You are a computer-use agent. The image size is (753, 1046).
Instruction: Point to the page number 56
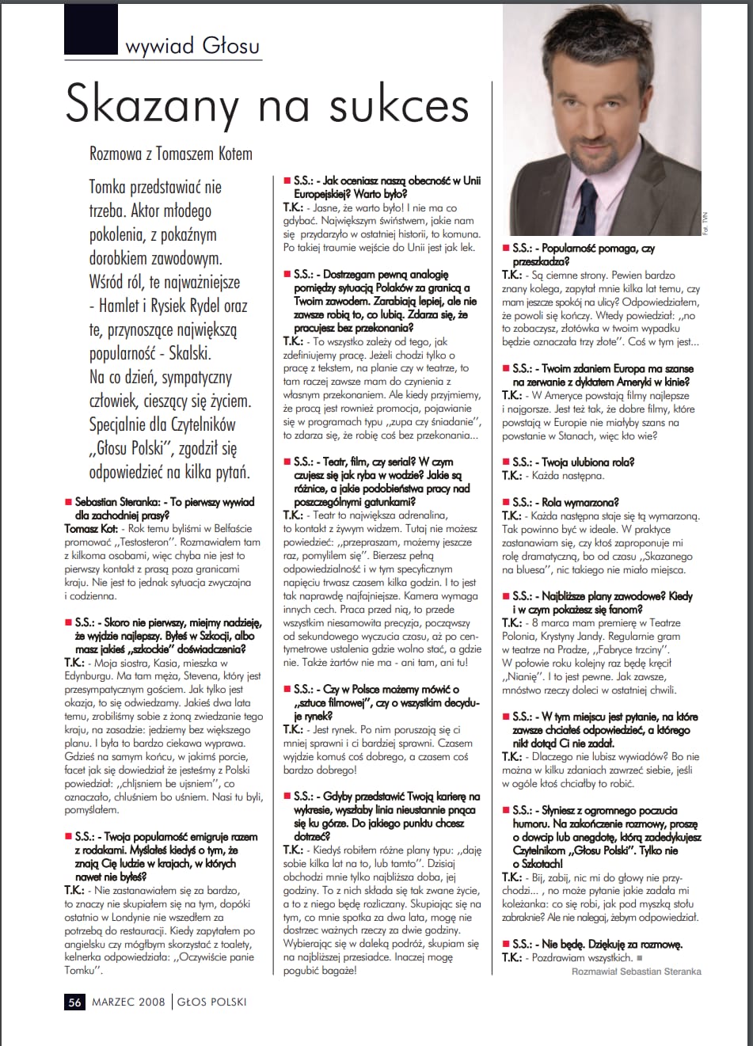[74, 1002]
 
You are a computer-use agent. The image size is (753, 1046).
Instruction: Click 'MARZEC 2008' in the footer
[128, 1002]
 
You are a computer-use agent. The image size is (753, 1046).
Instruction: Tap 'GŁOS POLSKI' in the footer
[211, 1002]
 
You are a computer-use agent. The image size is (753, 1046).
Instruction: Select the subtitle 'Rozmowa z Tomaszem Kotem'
[170, 154]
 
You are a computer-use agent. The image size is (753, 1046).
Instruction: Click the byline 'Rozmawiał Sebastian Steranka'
[636, 971]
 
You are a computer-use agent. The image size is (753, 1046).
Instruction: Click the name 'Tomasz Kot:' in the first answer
[91, 528]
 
